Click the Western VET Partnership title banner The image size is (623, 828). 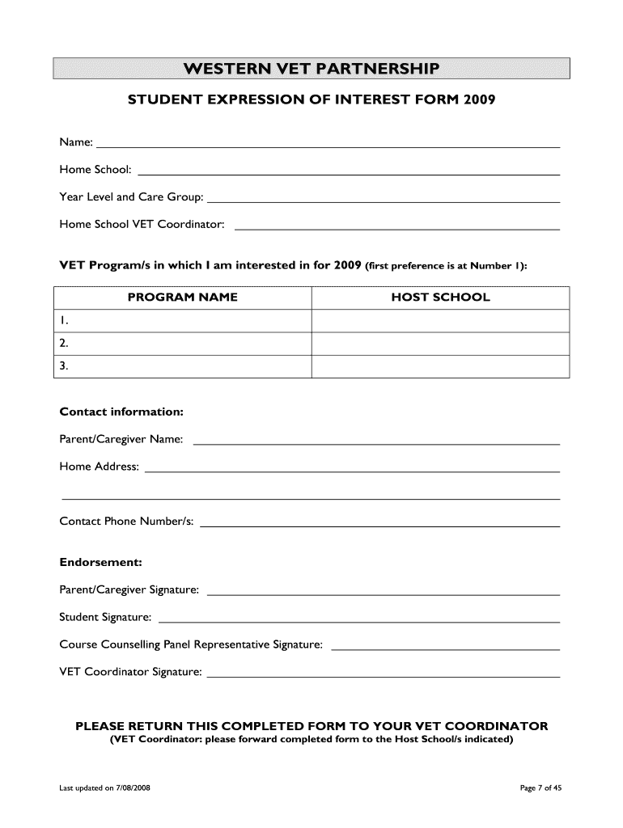click(311, 68)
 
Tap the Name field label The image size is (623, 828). click(76, 143)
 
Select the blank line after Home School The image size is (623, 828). click(350, 173)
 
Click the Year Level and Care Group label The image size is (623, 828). click(131, 197)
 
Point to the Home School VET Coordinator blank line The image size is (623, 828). click(396, 229)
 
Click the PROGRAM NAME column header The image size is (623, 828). click(183, 297)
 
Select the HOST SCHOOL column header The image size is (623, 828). click(440, 297)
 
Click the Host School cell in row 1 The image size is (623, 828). click(440, 321)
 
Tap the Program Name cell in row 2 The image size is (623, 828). click(183, 344)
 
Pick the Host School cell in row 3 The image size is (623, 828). click(440, 366)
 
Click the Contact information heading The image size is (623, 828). click(122, 412)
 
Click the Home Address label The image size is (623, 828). click(100, 467)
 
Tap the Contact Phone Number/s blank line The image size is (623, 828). click(379, 526)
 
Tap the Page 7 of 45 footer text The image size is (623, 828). click(540, 789)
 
